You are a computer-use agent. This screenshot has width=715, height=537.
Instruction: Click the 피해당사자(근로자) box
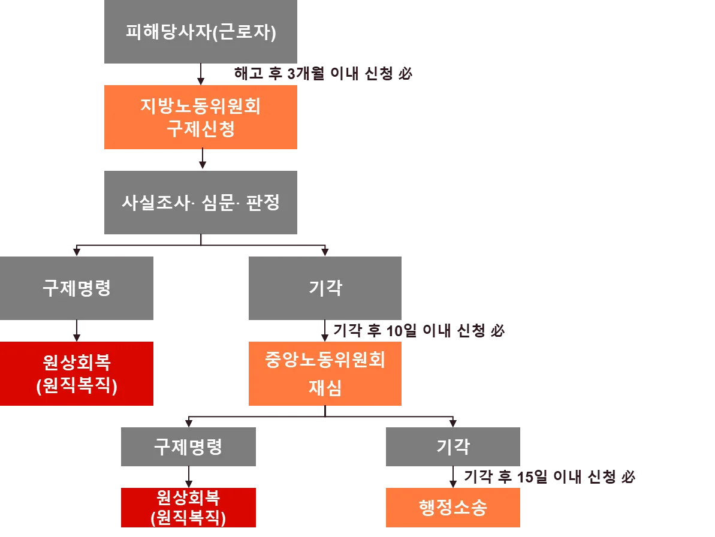[x=198, y=33]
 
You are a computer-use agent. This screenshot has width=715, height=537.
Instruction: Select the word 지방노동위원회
[x=200, y=107]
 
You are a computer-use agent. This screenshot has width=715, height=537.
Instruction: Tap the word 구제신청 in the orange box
[x=200, y=129]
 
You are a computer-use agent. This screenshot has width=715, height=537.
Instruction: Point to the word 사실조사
[x=154, y=202]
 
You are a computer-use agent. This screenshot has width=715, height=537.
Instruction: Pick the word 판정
[x=263, y=202]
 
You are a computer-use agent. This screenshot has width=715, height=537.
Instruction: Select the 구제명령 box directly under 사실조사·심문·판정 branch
[x=76, y=288]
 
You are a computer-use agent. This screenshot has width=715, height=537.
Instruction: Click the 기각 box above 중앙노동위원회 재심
[x=324, y=288]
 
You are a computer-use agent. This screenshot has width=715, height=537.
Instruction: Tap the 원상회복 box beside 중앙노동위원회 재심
[x=76, y=374]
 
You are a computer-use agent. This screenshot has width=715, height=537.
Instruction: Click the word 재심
[x=324, y=388]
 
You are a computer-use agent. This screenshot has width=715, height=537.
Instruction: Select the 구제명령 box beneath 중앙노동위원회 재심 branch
[x=189, y=448]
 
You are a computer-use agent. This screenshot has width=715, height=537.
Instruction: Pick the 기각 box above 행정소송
[x=453, y=448]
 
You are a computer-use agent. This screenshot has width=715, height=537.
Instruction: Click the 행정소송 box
[x=453, y=507]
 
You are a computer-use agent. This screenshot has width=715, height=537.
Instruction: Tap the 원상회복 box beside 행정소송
[x=189, y=507]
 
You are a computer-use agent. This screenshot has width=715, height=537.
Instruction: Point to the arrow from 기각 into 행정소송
[x=454, y=477]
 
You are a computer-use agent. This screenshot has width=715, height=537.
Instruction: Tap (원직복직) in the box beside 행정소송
[x=189, y=517]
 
